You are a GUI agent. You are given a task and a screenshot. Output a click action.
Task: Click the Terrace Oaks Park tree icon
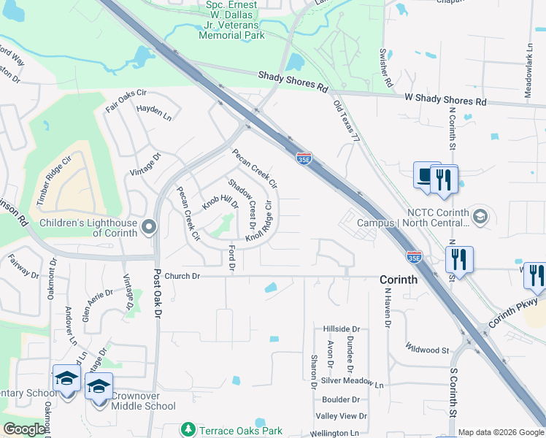click(188, 430)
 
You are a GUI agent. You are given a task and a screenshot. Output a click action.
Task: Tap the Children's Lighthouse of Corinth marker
click(149, 228)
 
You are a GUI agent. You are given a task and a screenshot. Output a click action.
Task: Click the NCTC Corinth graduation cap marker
click(480, 215)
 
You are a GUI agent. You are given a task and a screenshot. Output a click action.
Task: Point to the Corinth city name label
click(398, 280)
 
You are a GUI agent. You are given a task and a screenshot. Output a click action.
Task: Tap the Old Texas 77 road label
click(347, 120)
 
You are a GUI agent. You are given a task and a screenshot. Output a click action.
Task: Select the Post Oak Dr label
click(157, 301)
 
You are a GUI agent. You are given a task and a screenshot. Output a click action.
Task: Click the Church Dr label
click(182, 277)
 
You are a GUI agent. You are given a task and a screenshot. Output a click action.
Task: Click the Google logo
click(24, 430)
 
